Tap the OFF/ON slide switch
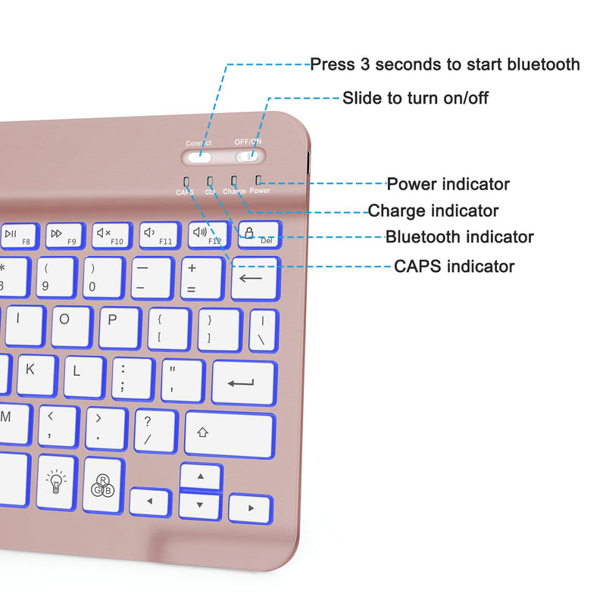(248, 157)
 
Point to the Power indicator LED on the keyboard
(259, 180)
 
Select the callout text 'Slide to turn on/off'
(415, 98)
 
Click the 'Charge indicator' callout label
(433, 211)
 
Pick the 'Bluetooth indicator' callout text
(460, 237)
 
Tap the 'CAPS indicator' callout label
(454, 266)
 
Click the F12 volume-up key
(207, 235)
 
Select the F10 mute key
(113, 235)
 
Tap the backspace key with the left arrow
(255, 278)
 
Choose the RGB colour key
(103, 483)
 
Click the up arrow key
(201, 477)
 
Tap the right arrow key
(250, 507)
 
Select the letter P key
(119, 326)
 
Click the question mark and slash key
(155, 430)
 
